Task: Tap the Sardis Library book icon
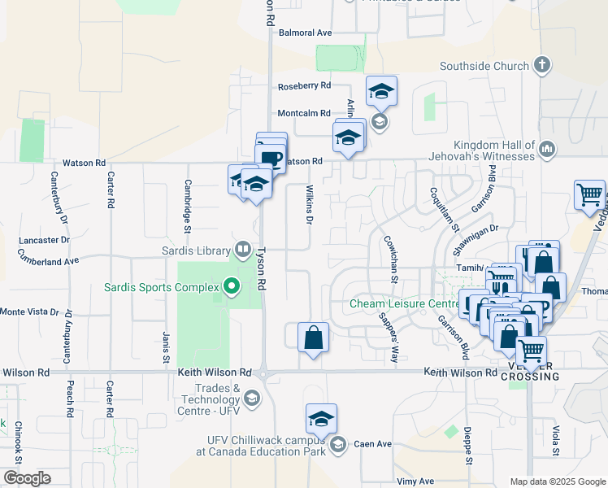point(242,249)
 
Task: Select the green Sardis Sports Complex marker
point(232,286)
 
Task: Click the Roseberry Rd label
point(304,85)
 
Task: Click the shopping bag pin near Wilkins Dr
point(313,337)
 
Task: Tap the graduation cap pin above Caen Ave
point(321,419)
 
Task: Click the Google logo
point(27,478)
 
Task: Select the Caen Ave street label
point(374,444)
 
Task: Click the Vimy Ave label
point(415,481)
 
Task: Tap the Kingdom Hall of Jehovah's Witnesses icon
point(547,150)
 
